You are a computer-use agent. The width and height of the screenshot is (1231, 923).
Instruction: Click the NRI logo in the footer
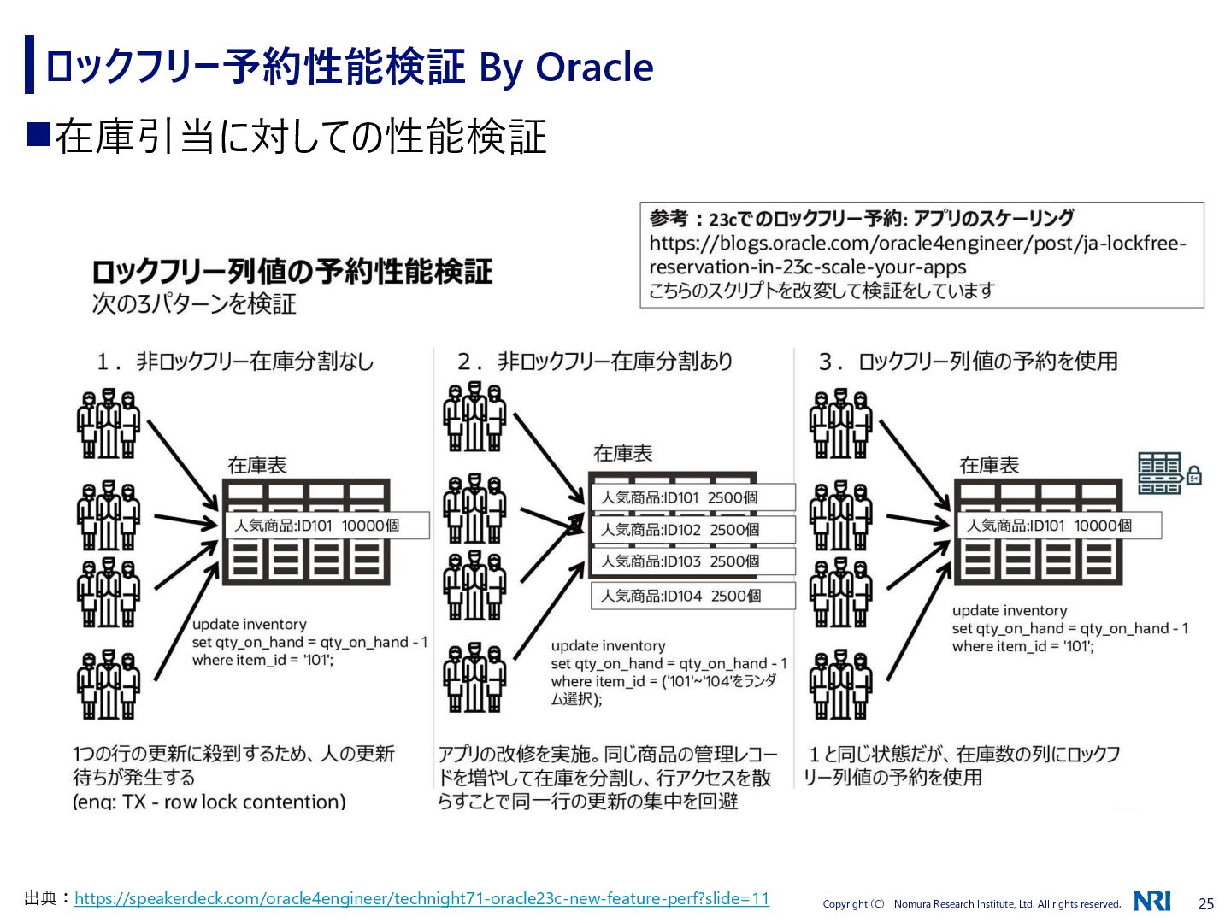tap(1152, 901)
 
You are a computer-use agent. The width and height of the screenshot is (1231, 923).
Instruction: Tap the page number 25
tap(1206, 903)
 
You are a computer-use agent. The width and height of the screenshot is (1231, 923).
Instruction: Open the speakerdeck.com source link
tap(421, 898)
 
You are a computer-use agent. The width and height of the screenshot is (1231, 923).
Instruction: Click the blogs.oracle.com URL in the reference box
tap(917, 255)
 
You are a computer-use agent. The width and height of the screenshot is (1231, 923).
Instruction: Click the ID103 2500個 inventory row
tap(692, 561)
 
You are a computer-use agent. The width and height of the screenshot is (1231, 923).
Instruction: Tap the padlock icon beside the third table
tap(1193, 475)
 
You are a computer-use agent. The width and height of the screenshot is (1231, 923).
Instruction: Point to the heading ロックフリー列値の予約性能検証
tap(292, 272)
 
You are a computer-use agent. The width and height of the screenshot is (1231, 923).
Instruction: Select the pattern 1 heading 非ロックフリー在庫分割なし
tap(255, 362)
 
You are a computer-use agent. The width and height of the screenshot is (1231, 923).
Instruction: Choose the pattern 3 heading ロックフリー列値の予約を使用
tap(987, 362)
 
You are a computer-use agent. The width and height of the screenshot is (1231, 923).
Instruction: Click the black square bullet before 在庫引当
tap(39, 135)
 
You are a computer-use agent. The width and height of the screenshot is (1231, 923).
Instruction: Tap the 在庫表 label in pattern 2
tap(622, 453)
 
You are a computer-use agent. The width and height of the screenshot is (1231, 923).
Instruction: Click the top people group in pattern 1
tap(108, 424)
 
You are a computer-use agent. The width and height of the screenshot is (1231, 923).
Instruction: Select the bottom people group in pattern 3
tap(840, 685)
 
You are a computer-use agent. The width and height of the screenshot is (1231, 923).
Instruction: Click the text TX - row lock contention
tap(233, 802)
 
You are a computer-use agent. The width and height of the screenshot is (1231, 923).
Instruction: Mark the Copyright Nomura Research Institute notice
tap(971, 904)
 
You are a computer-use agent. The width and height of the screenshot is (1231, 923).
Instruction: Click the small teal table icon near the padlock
tap(1159, 473)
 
